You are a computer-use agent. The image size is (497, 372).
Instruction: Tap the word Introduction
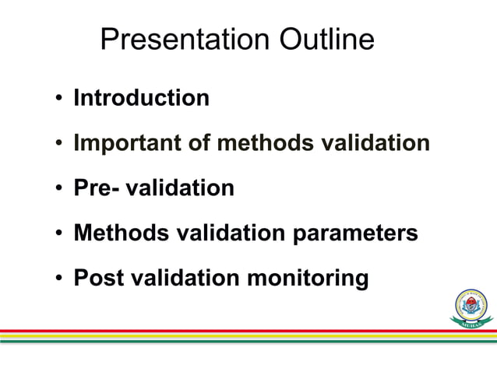[x=141, y=98]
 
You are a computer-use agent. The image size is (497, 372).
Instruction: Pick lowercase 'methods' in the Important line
[x=262, y=144]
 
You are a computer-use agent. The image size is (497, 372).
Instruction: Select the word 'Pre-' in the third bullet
[x=93, y=188]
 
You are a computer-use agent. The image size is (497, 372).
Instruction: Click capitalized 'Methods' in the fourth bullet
[x=117, y=233]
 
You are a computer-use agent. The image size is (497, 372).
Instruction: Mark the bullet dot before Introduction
[x=59, y=99]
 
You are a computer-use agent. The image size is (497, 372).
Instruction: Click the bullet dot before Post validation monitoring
[x=59, y=279]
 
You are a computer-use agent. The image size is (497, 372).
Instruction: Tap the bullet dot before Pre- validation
[x=59, y=189]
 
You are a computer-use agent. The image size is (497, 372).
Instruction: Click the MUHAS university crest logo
[x=471, y=307]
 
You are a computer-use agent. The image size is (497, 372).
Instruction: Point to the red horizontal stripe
[x=234, y=331]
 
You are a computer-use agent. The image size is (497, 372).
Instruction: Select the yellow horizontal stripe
[x=234, y=336]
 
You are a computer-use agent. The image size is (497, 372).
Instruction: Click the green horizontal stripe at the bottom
[x=234, y=341]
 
